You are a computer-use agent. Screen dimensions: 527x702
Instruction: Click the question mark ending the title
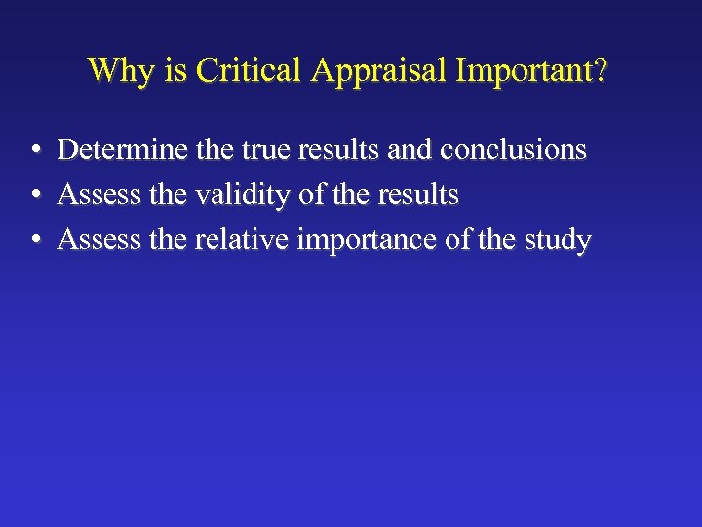pyautogui.click(x=599, y=70)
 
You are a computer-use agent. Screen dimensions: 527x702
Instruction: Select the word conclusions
pyautogui.click(x=514, y=149)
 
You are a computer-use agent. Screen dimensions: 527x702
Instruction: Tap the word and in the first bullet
pyautogui.click(x=412, y=149)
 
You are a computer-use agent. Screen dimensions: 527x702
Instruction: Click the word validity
pyautogui.click(x=244, y=195)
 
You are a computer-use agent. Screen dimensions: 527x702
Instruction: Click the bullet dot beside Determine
pyautogui.click(x=34, y=150)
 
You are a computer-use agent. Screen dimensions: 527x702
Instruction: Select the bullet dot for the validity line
pyautogui.click(x=34, y=196)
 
